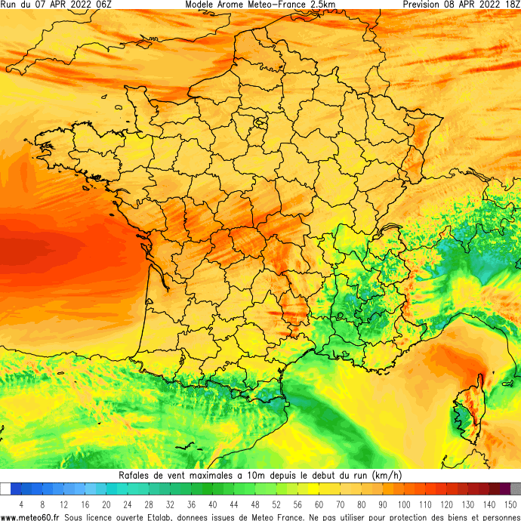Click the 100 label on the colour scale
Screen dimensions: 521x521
point(405,504)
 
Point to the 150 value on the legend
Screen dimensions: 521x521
point(511,504)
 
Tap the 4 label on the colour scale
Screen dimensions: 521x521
point(21,504)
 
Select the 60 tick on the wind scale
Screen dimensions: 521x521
point(319,504)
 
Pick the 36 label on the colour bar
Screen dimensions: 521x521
point(191,504)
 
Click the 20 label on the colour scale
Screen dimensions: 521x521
point(106,504)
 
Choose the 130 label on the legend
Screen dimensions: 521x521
point(469,504)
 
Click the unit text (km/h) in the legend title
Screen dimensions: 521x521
point(388,475)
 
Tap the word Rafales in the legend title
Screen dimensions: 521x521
point(136,475)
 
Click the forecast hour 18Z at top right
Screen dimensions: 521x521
point(510,5)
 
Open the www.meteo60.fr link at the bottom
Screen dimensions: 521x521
point(31,517)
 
